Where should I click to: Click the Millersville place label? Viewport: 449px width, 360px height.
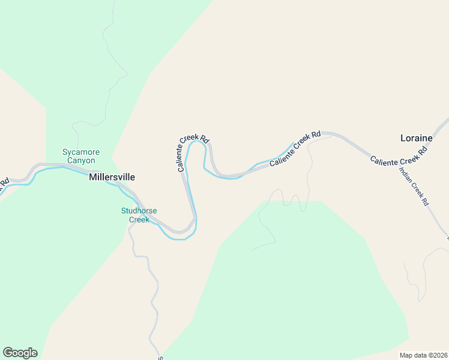112,178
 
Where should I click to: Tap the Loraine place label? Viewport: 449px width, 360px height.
416,138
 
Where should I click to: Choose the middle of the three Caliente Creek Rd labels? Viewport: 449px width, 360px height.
295,149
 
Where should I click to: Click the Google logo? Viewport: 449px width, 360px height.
20,353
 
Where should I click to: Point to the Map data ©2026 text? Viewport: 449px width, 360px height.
423,355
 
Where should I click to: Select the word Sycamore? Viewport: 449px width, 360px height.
81,152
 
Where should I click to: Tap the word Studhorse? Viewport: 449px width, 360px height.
139,211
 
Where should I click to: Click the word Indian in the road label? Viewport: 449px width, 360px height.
405,173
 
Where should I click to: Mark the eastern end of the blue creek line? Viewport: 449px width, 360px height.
293,143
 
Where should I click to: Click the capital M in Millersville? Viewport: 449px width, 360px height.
93,178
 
